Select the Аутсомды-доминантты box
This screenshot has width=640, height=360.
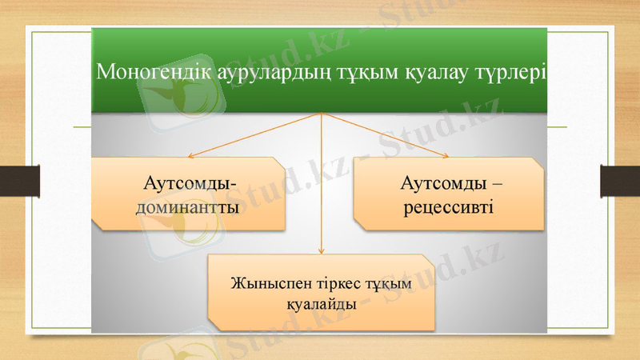point(188,194)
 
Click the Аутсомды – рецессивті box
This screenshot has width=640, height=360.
point(448,194)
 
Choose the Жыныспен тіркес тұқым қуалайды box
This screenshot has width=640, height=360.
point(321,293)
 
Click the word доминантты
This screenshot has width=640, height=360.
point(190,210)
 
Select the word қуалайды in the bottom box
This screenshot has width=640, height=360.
point(321,304)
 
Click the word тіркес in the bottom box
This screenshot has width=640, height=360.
point(339,284)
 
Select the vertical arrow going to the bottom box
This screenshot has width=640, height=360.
point(322,192)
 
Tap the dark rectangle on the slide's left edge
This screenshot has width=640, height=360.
point(20,180)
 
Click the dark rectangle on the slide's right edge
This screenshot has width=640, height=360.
point(619,180)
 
